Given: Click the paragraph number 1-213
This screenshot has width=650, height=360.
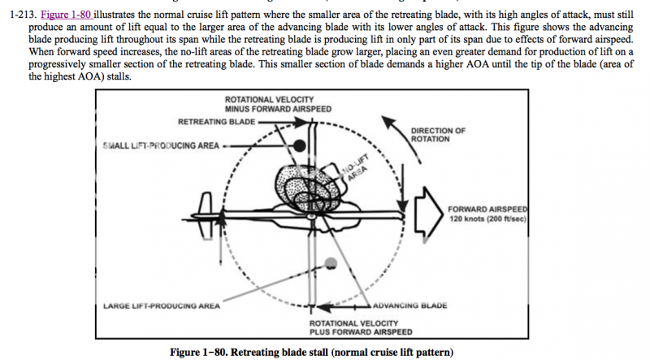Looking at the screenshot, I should [16, 5].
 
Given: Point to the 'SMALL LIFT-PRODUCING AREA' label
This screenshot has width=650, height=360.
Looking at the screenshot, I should [161, 145].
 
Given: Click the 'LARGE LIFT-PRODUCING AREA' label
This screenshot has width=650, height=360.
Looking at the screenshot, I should [162, 306].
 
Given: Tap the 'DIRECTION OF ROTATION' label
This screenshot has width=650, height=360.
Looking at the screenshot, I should [439, 135].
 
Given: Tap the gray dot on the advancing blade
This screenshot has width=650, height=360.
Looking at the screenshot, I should [330, 262].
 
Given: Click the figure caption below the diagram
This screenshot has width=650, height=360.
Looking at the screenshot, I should [308, 351].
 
